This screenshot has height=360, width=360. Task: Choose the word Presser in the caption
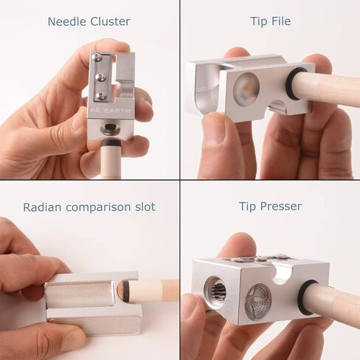point(282,207)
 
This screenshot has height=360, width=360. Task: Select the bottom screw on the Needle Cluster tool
point(102,94)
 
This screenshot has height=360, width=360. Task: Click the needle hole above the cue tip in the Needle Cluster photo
point(111,127)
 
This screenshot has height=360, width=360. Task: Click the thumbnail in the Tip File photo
point(213,128)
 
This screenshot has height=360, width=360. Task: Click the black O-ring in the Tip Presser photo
point(306,297)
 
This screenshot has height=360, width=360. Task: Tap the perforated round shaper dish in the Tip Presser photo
point(258,300)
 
